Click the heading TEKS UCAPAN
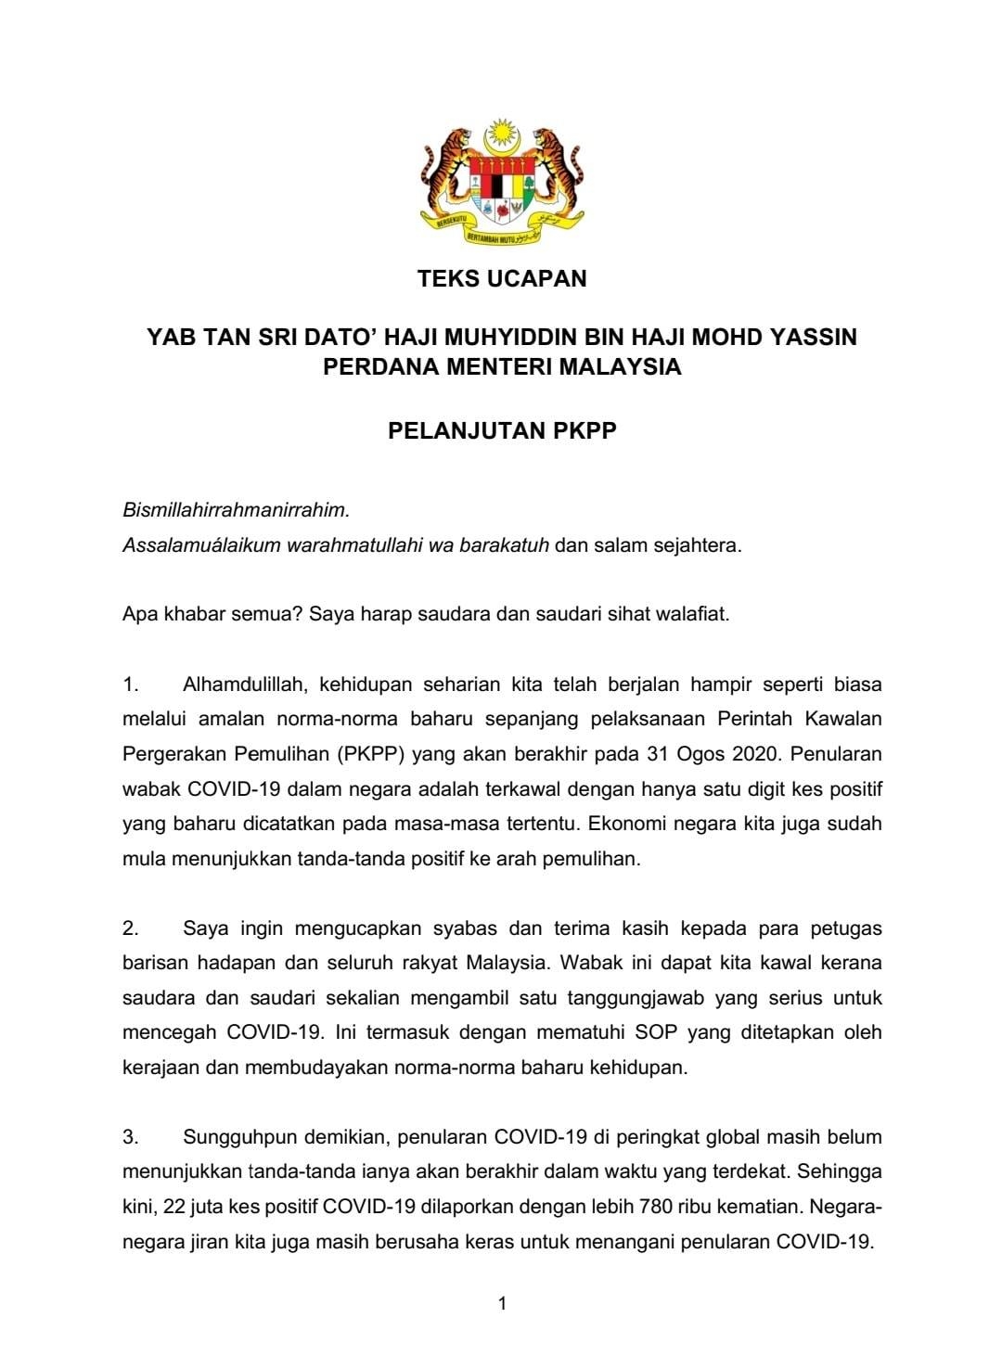(501, 278)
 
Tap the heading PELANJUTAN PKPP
(501, 431)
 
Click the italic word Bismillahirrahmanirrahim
(237, 510)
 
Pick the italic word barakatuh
(506, 545)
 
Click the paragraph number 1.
(130, 685)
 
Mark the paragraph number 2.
(130, 928)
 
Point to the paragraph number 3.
(130, 1137)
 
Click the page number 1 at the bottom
(502, 1304)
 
